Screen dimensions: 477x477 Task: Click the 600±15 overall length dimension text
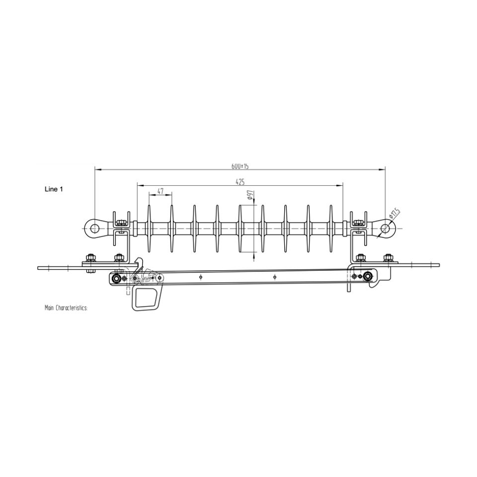tap(240, 165)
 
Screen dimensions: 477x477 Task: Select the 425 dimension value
tap(240, 182)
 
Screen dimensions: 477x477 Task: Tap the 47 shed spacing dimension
tap(160, 191)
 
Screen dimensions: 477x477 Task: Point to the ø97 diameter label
tap(250, 195)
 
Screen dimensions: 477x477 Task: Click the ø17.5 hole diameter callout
tap(395, 214)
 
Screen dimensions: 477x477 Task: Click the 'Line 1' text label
tap(54, 189)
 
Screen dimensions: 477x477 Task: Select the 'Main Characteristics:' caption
tap(66, 308)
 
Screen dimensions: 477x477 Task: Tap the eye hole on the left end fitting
tap(94, 228)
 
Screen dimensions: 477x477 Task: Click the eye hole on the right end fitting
tap(386, 228)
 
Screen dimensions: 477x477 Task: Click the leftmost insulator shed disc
tap(149, 228)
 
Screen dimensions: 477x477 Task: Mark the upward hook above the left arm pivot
tap(141, 262)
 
